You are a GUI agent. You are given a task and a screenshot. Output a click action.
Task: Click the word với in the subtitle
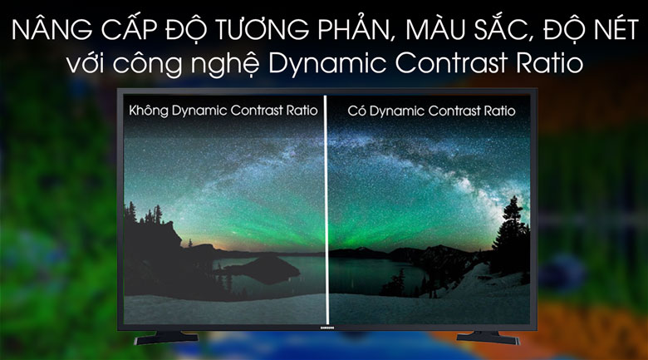click(84, 62)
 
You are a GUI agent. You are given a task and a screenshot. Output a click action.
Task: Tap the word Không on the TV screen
click(149, 111)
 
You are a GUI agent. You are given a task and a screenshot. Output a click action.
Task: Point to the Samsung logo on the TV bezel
click(327, 328)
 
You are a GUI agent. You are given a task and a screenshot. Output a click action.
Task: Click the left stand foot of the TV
click(166, 338)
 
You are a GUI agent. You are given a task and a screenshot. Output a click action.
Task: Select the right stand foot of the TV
click(488, 338)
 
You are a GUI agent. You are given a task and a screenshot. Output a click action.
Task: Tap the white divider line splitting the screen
click(326, 210)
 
